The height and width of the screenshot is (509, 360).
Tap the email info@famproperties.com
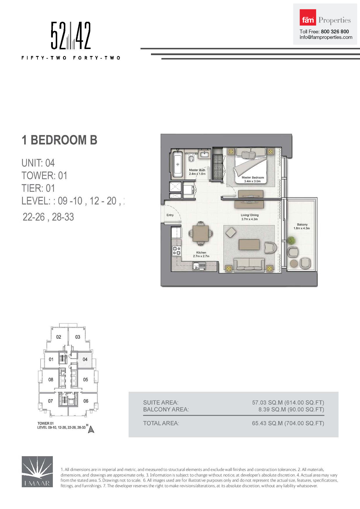pos(326,37)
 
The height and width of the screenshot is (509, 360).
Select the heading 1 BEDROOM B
pos(59,140)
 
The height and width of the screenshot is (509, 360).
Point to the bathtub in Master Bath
pos(177,164)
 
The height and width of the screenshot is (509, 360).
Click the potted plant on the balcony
pos(291,241)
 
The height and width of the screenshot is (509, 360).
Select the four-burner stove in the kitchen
pos(177,251)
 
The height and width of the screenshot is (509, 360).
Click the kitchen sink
pos(199,266)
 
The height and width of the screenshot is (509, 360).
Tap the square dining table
pos(200,233)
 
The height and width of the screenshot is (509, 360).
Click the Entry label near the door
pos(170,215)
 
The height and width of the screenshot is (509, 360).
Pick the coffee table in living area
pos(249,244)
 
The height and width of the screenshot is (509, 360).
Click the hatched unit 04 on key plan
pos(85,359)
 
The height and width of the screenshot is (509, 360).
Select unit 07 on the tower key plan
pos(51,401)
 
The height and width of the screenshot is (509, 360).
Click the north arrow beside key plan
pos(91,429)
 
